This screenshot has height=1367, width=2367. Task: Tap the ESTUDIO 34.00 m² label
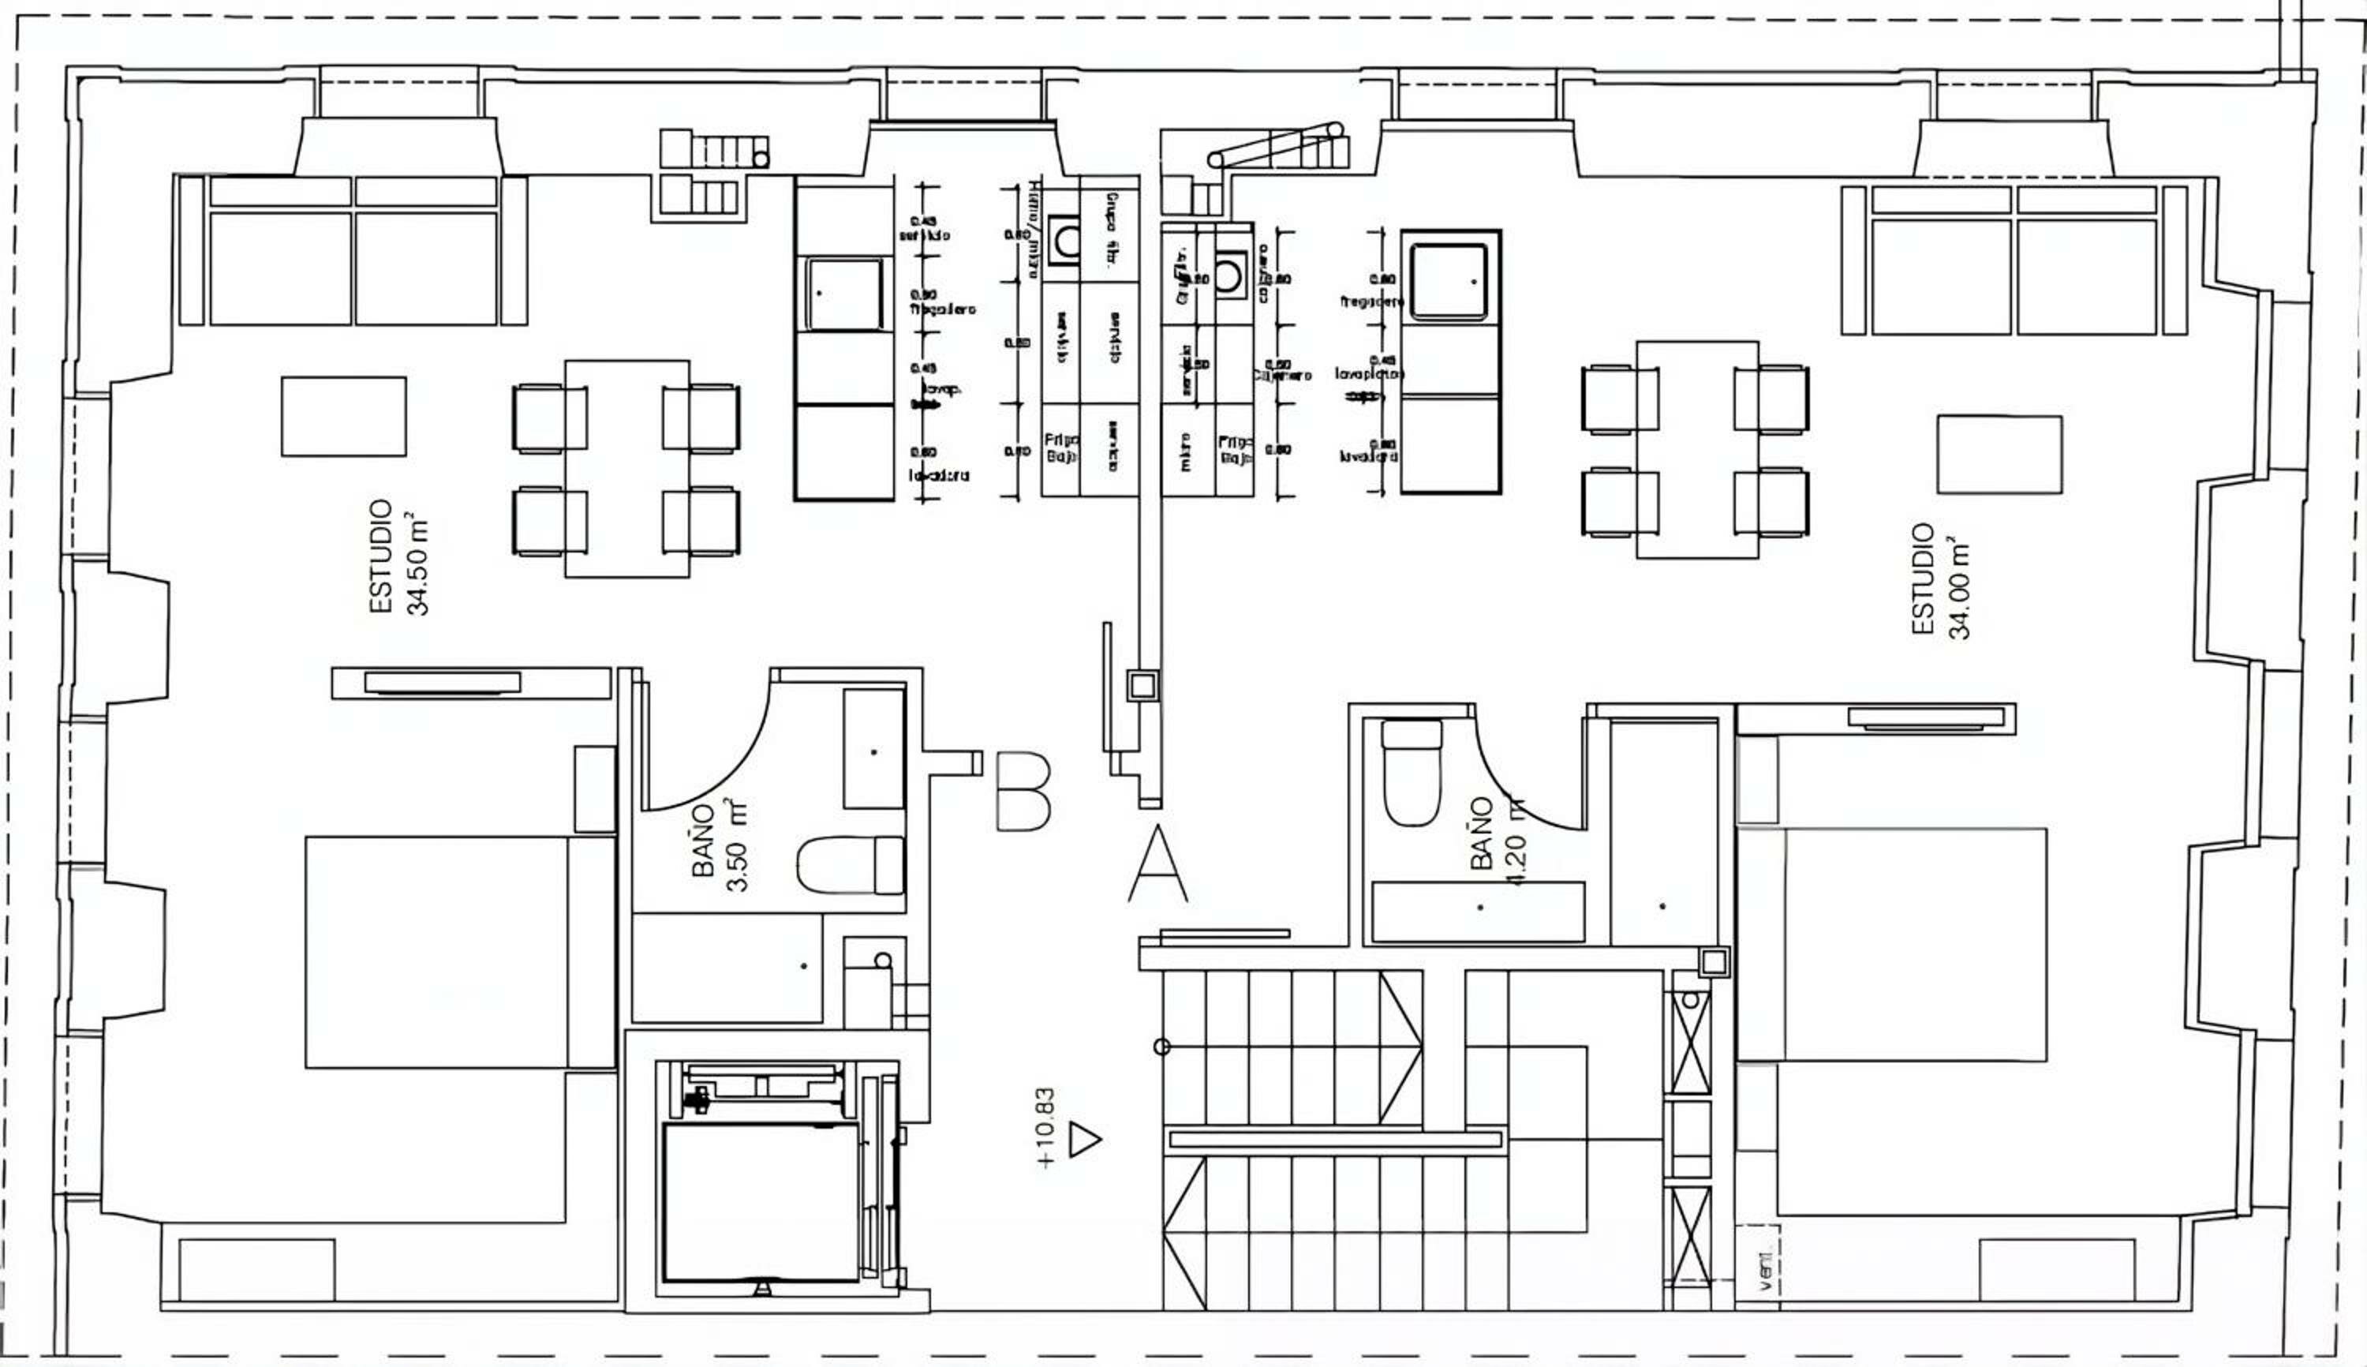[1940, 581]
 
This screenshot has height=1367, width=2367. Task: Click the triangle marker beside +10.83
[1084, 1139]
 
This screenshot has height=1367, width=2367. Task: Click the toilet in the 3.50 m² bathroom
[851, 865]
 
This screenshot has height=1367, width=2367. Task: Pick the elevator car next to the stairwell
[761, 1202]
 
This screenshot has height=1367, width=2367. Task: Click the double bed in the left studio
[437, 952]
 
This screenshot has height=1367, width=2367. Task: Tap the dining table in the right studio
[1697, 450]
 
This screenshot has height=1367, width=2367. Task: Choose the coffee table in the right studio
[1999, 455]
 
